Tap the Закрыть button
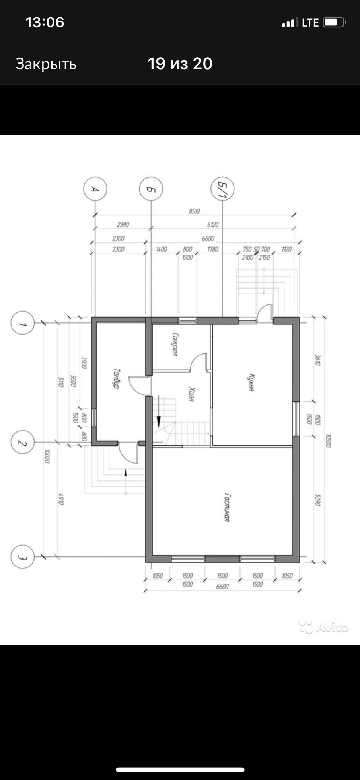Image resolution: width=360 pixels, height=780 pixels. point(46,64)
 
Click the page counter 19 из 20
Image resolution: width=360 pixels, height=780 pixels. point(180,64)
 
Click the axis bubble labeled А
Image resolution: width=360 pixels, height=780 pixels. point(95,189)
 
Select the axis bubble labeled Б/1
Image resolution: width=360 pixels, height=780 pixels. point(222,189)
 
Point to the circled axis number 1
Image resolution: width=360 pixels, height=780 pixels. point(22,323)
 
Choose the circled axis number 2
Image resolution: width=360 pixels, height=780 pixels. point(22,442)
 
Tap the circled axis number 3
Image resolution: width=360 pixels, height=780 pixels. point(22,557)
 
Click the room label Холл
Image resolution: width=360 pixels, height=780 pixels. point(192,394)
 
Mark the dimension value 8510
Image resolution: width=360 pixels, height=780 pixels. point(194,211)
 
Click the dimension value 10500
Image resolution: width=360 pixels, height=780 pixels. point(328,440)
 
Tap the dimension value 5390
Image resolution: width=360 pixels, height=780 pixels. point(317,500)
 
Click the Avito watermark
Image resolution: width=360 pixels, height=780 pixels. point(324,627)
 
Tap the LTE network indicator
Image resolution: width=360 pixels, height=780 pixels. point(310,23)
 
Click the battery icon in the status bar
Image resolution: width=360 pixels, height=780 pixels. point(334,22)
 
